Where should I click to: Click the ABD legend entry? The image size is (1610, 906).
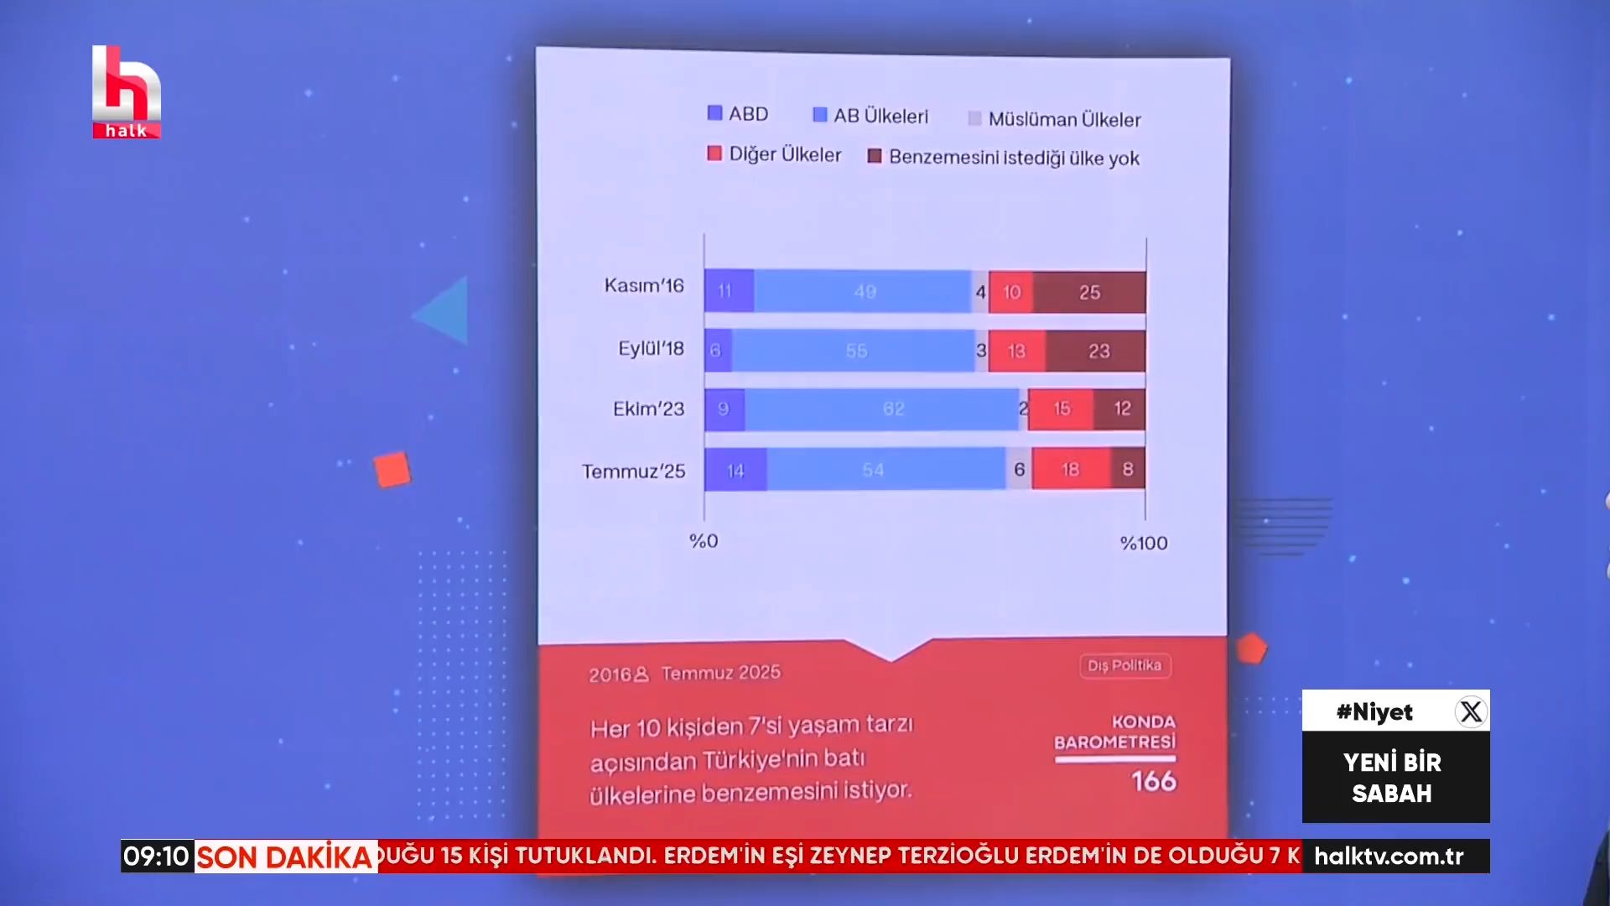pyautogui.click(x=738, y=113)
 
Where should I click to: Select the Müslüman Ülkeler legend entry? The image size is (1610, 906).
pyautogui.click(x=1054, y=119)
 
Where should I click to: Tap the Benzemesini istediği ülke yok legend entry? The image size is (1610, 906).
pyautogui.click(x=1004, y=157)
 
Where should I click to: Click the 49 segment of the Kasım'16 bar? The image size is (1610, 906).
pyautogui.click(x=864, y=292)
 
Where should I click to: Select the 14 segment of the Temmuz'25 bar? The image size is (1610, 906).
pyautogui.click(x=735, y=470)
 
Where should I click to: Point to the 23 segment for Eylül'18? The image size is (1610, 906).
pyautogui.click(x=1098, y=351)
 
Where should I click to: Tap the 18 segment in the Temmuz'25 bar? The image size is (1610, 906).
pyautogui.click(x=1071, y=469)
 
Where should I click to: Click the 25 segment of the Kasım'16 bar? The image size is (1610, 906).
pyautogui.click(x=1089, y=292)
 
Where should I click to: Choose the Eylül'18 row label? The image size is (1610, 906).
pyautogui.click(x=651, y=348)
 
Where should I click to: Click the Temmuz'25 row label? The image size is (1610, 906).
pyautogui.click(x=633, y=471)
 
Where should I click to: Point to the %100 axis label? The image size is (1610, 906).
pyautogui.click(x=1143, y=544)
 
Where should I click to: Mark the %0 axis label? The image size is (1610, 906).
pyautogui.click(x=704, y=541)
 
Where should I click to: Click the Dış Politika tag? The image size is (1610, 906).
pyautogui.click(x=1124, y=665)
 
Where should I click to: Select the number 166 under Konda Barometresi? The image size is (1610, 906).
pyautogui.click(x=1154, y=781)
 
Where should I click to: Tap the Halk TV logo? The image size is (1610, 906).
pyautogui.click(x=126, y=91)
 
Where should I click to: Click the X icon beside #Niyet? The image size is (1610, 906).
pyautogui.click(x=1471, y=711)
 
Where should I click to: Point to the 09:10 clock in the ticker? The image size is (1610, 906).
pyautogui.click(x=157, y=857)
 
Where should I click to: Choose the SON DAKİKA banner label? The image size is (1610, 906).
pyautogui.click(x=285, y=857)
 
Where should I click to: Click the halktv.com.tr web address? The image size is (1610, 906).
pyautogui.click(x=1389, y=857)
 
